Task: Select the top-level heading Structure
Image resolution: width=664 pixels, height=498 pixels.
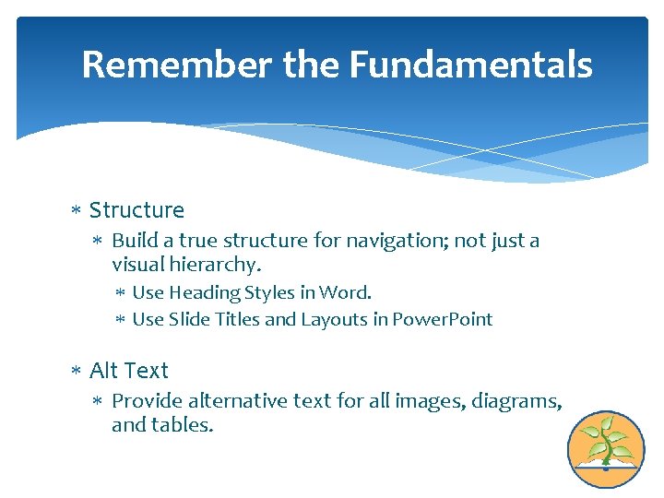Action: pyautogui.click(x=136, y=210)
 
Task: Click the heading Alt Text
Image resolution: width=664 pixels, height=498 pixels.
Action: pyautogui.click(x=128, y=371)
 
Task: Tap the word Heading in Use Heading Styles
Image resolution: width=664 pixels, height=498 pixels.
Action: pyautogui.click(x=204, y=293)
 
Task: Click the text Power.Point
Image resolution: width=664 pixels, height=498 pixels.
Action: pyautogui.click(x=443, y=320)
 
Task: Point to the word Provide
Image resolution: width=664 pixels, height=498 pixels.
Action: pyautogui.click(x=147, y=401)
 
